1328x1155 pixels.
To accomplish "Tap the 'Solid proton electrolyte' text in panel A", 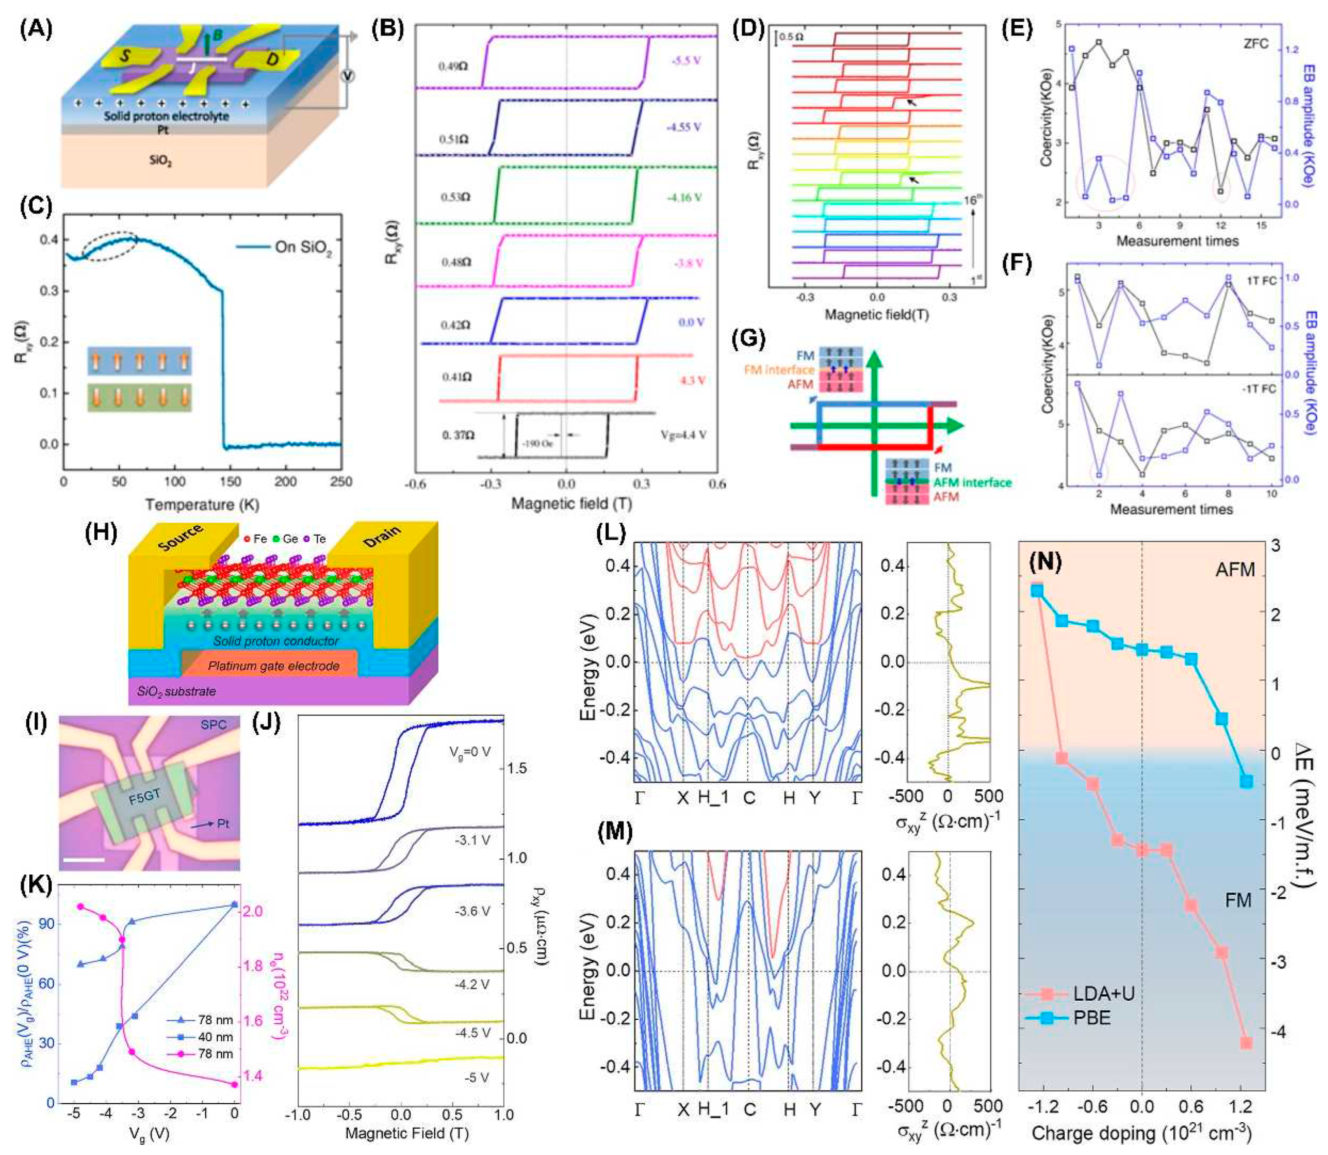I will [167, 116].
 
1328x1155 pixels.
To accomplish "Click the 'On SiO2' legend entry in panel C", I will [303, 247].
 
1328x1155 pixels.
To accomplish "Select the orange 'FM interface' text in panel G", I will [779, 370].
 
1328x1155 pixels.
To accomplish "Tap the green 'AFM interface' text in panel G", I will [972, 482].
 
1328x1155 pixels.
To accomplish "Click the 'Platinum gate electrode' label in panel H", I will [274, 666].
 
